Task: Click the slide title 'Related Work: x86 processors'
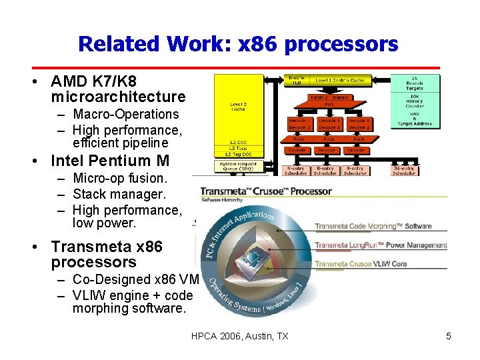[x=238, y=44]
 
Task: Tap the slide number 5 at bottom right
[x=449, y=336]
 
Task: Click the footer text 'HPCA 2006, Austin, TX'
[x=239, y=336]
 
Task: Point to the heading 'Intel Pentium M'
[x=110, y=161]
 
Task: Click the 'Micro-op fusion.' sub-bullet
[x=120, y=178]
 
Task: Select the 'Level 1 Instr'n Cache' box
[x=339, y=80]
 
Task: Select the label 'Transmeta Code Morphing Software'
[x=373, y=227]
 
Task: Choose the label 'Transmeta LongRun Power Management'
[x=381, y=245]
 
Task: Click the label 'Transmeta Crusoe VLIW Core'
[x=361, y=264]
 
